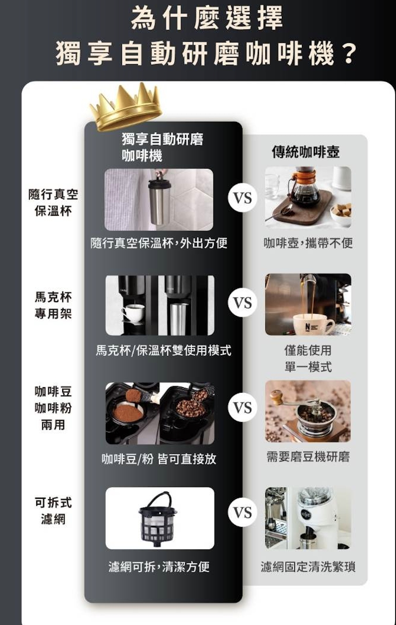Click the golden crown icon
click(x=126, y=107)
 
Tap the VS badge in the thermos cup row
click(x=242, y=198)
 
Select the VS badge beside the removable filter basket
click(x=242, y=513)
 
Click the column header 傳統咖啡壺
click(x=305, y=152)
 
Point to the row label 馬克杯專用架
click(x=53, y=305)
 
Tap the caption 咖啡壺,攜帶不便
click(x=308, y=243)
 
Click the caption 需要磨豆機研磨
click(x=308, y=457)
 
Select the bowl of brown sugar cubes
click(x=340, y=213)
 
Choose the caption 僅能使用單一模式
click(x=308, y=358)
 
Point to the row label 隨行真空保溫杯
click(x=53, y=202)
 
